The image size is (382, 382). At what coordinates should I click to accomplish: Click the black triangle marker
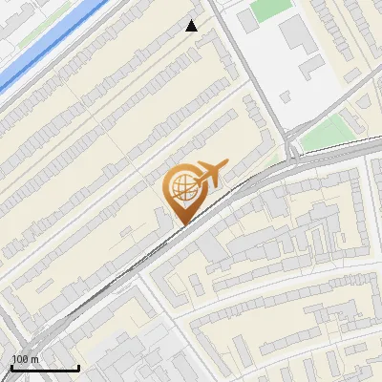[192, 26]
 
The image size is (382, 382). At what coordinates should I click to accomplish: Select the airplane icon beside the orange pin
[209, 173]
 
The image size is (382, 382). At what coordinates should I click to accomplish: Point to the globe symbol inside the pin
[182, 188]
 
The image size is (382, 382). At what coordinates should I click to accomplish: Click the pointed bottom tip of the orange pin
[183, 223]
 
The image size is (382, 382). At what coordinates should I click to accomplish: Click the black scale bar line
[44, 368]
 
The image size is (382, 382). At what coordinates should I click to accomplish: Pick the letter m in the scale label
[35, 359]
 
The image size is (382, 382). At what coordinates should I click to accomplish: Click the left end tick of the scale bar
[11, 368]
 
